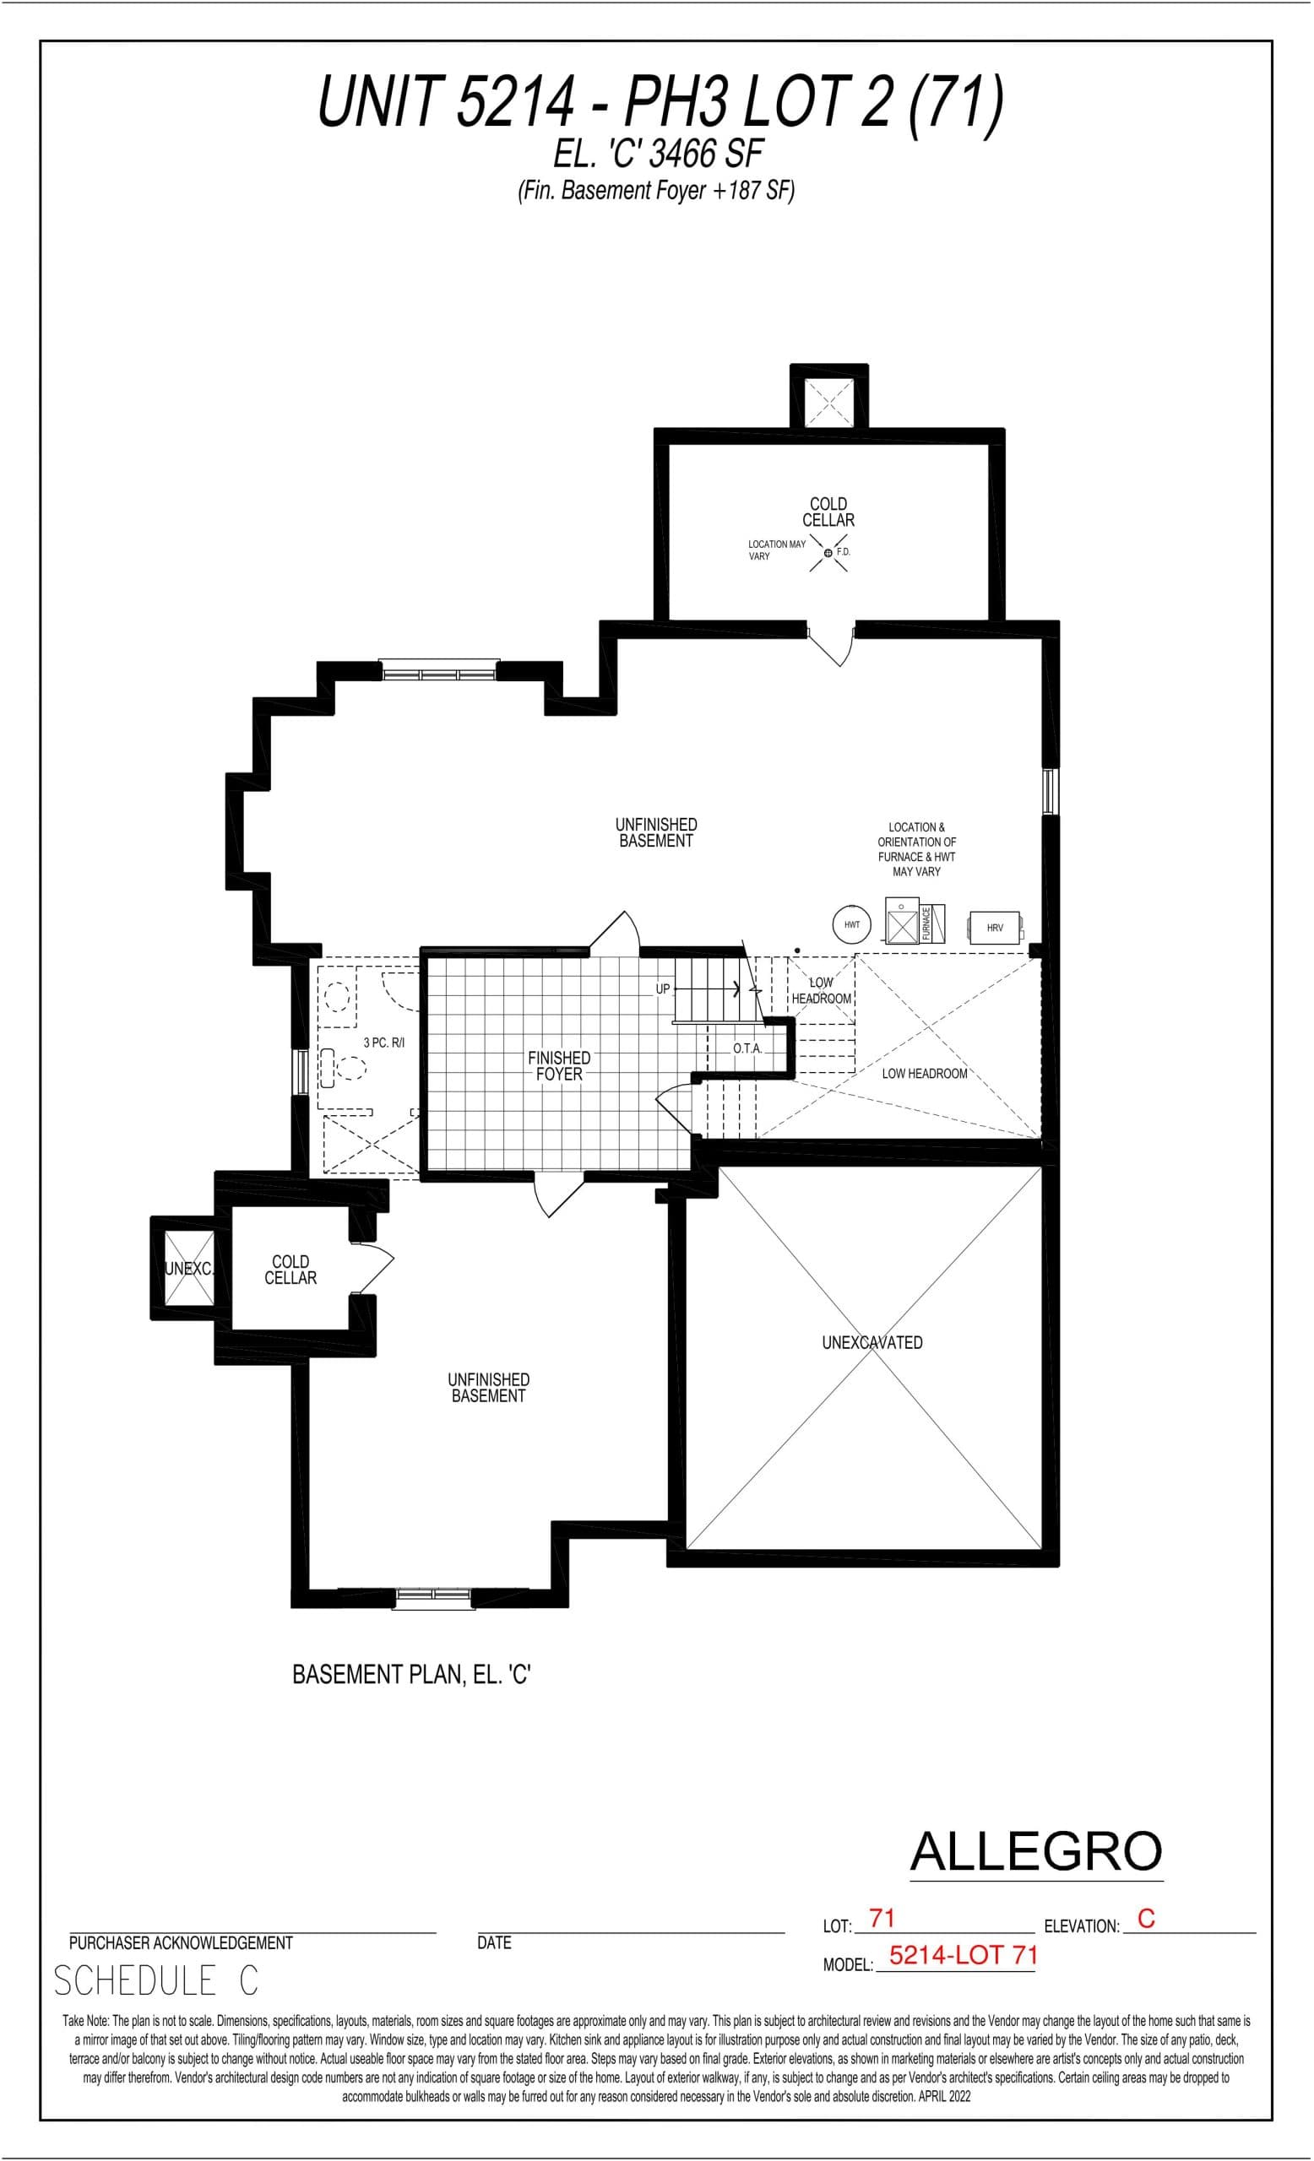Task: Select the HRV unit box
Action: click(x=994, y=927)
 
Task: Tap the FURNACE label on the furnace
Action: click(x=926, y=923)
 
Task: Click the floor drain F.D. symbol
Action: click(x=828, y=552)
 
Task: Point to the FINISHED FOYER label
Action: click(x=559, y=1064)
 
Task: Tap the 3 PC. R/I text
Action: click(x=383, y=1043)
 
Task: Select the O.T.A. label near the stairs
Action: click(x=747, y=1048)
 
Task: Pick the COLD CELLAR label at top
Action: click(x=828, y=512)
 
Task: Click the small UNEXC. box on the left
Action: click(x=187, y=1268)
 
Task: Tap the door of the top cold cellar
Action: click(x=832, y=647)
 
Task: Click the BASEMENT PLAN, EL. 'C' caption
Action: click(x=411, y=1674)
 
